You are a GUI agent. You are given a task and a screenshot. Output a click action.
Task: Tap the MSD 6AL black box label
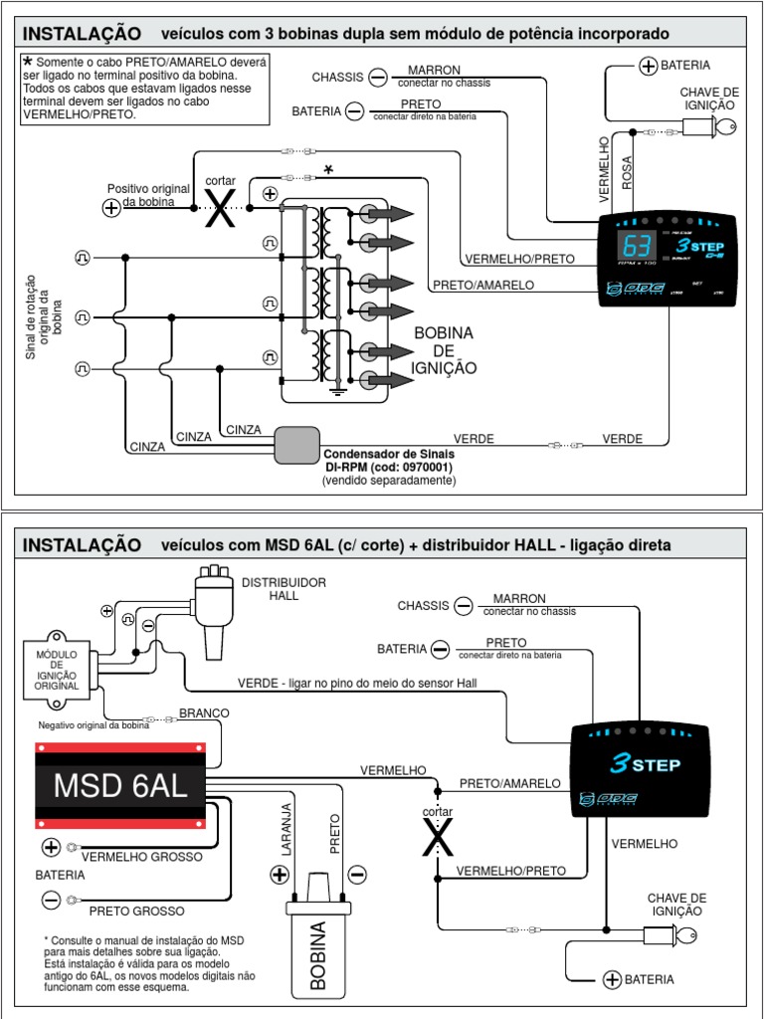[x=119, y=785]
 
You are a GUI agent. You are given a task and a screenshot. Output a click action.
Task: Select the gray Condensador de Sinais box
[x=296, y=445]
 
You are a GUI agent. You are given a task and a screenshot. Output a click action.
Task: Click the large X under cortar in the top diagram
[x=220, y=209]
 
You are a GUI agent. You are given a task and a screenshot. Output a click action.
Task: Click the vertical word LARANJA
[x=286, y=828]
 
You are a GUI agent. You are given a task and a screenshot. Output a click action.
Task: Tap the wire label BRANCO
[x=204, y=713]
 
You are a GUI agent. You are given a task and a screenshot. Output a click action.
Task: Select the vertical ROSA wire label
[x=627, y=171]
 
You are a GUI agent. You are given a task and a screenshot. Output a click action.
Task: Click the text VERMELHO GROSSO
[x=141, y=856]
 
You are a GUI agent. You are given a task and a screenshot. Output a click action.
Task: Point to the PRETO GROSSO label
[x=136, y=911]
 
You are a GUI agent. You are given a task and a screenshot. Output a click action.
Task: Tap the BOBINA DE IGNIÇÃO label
[x=444, y=350]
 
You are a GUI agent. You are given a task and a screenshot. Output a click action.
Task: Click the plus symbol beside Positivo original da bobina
[x=111, y=207]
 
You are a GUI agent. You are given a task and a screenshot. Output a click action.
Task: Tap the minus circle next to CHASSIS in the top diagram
[x=378, y=77]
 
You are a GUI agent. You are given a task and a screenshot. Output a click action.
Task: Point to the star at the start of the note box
[x=28, y=62]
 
